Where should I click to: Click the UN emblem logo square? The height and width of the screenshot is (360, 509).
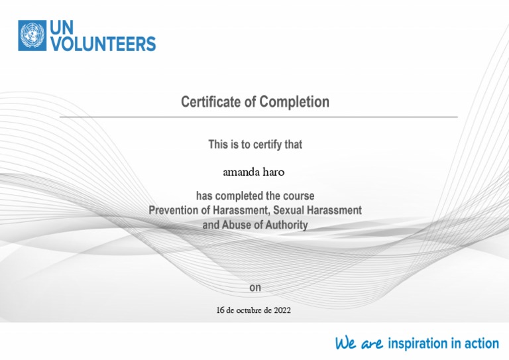[32, 36]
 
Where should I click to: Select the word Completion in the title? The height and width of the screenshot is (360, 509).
[294, 102]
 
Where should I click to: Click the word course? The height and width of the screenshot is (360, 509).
[298, 196]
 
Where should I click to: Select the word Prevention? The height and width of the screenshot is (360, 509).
[174, 210]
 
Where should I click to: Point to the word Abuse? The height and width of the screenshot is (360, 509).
[237, 225]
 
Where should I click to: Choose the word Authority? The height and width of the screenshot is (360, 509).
[286, 225]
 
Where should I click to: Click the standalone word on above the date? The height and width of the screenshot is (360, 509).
[255, 288]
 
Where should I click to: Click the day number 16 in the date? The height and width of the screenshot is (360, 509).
[221, 310]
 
